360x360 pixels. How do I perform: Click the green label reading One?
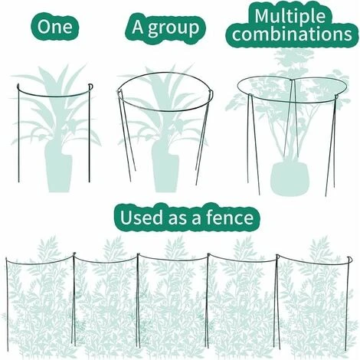tap(54, 28)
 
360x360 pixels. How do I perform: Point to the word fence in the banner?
tap(232, 218)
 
